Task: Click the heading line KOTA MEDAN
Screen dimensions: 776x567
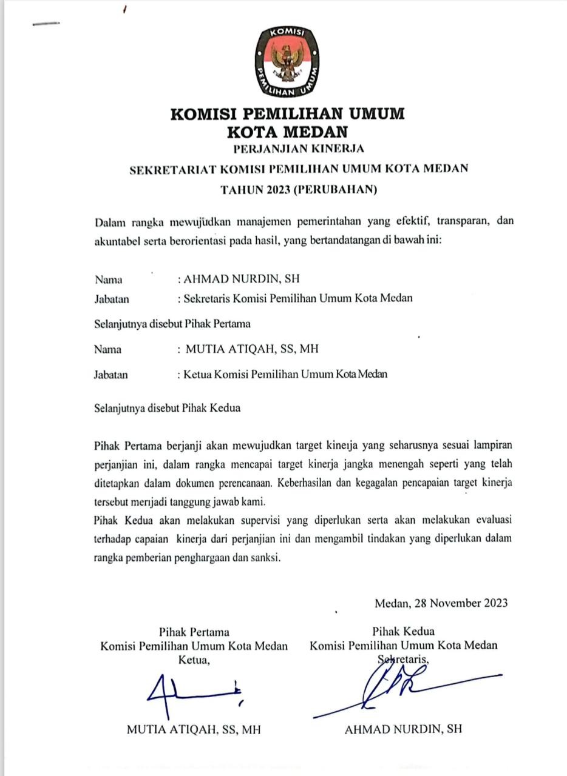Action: [287, 132]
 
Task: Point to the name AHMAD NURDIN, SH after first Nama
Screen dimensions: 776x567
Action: [242, 279]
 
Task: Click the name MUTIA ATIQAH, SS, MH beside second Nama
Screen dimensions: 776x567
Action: [252, 349]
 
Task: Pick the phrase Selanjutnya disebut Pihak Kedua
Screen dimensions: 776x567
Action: [168, 407]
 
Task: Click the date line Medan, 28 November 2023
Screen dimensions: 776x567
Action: [441, 603]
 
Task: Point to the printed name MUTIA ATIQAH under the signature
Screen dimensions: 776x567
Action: [194, 729]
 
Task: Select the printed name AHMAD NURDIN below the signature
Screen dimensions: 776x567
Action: [403, 729]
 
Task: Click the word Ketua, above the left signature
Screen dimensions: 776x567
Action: [194, 660]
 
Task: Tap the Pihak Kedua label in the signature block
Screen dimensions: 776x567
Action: [404, 630]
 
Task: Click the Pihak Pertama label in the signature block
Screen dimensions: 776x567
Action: [194, 630]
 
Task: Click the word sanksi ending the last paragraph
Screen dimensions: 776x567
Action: [267, 558]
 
